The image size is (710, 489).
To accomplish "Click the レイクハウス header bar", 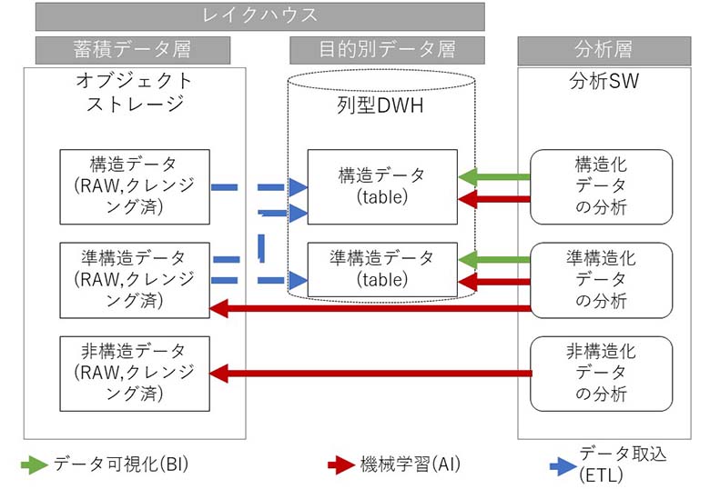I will click(259, 15).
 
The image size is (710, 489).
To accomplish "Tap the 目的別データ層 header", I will click(388, 49).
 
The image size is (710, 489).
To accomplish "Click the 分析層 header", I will click(604, 49).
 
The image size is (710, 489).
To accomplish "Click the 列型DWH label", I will click(381, 108).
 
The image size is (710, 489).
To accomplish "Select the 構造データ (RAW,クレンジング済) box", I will click(134, 187).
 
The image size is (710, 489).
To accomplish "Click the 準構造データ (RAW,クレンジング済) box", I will click(134, 280).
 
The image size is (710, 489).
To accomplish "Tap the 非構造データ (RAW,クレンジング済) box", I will click(134, 373).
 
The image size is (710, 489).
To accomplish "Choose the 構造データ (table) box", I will click(381, 185).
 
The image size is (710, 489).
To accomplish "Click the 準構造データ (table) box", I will click(381, 270).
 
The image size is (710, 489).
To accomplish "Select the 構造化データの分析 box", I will click(601, 186).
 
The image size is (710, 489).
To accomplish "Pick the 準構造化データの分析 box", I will click(601, 280).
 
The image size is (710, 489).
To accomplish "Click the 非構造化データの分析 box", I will click(601, 373).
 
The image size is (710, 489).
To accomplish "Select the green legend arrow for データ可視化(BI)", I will click(34, 465).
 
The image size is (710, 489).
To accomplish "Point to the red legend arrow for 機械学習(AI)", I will click(340, 465).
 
